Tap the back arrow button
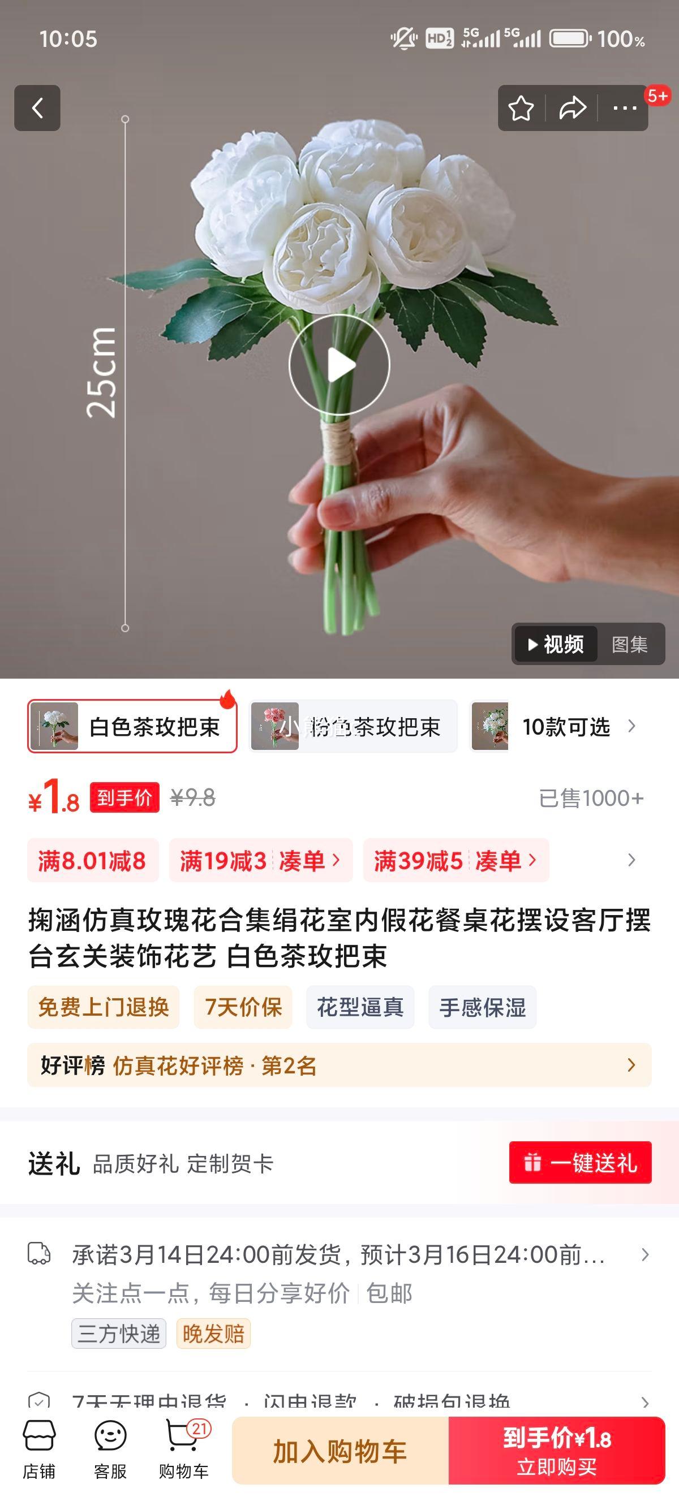tap(37, 108)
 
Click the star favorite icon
tap(521, 108)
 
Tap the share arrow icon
tap(572, 108)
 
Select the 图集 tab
tap(629, 644)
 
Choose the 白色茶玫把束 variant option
tap(132, 726)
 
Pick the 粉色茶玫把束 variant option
tap(354, 726)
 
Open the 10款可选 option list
tap(566, 727)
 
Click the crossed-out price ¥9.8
tap(193, 798)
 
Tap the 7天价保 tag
tap(243, 1007)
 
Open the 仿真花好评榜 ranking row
tap(339, 1065)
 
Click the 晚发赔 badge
tap(213, 1334)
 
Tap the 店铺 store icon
tap(39, 1449)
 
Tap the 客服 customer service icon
tap(110, 1449)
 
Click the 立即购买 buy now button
tap(556, 1451)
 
